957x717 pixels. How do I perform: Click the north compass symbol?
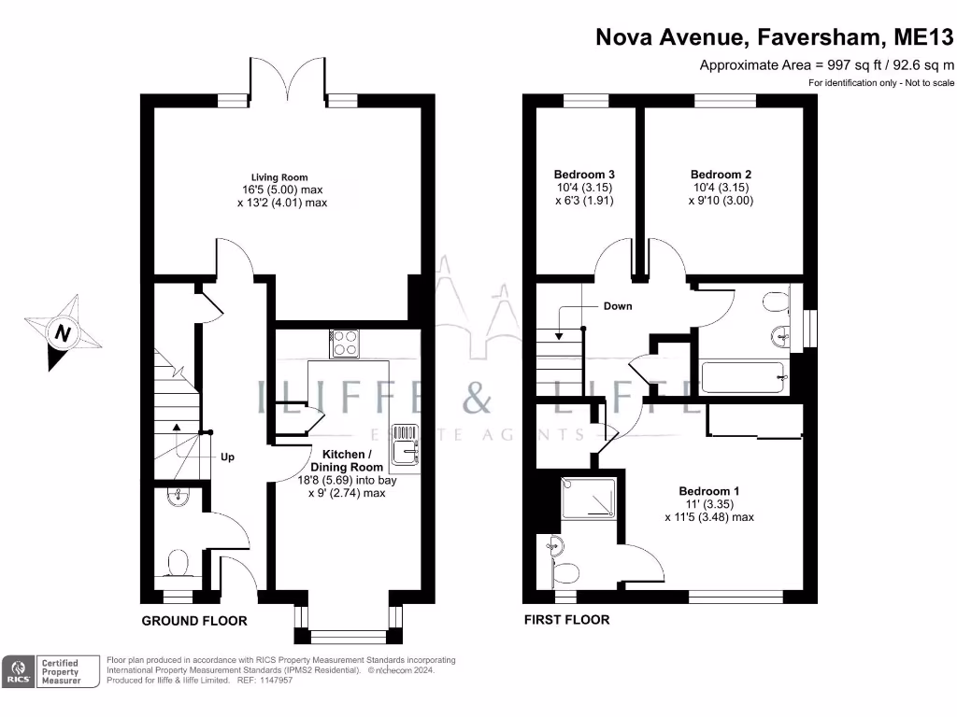click(62, 332)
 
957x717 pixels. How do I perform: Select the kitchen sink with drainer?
click(405, 443)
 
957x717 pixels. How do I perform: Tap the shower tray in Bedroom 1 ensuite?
click(590, 499)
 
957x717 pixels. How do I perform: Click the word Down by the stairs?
click(618, 306)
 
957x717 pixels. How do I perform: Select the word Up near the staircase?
click(227, 457)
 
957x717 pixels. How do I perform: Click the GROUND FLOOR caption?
click(194, 621)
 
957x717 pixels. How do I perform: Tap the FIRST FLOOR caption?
click(566, 620)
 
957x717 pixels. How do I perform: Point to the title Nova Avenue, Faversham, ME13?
click(775, 37)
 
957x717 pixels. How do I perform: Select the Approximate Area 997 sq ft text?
click(826, 65)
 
